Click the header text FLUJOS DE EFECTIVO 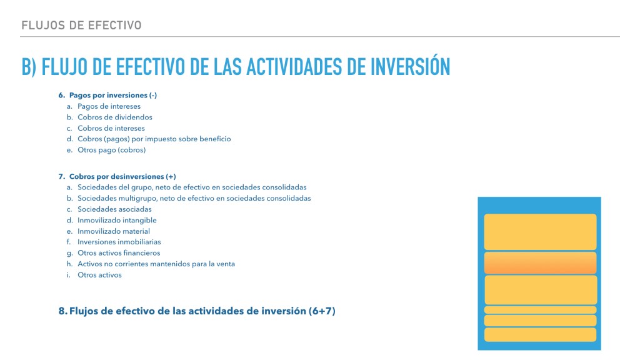[81, 25]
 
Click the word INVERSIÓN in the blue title [410, 66]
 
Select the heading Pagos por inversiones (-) [113, 95]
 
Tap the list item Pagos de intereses [109, 106]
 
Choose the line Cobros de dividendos [115, 117]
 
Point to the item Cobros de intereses [111, 128]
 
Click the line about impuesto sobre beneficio [154, 139]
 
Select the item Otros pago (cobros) [111, 150]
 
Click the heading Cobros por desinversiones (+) [122, 176]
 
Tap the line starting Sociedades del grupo [192, 187]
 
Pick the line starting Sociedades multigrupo [194, 198]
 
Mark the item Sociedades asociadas [114, 209]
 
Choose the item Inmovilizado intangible [117, 221]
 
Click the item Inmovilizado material [114, 231]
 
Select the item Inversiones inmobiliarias [119, 242]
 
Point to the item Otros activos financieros [119, 253]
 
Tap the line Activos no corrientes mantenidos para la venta [156, 264]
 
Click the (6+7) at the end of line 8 [322, 311]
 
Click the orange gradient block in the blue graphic [541, 263]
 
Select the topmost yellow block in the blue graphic [541, 232]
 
